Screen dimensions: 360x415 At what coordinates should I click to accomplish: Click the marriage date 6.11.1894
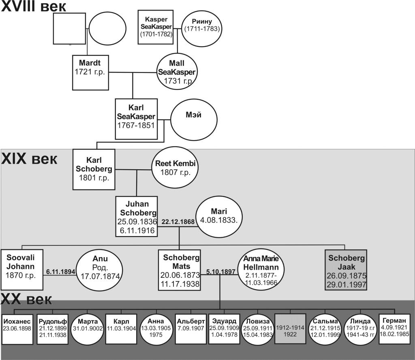point(60,272)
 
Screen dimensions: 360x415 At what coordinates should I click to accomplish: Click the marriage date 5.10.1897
point(220,272)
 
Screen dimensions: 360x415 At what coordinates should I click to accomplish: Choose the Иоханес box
point(17,328)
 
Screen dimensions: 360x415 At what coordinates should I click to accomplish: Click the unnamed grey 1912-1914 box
point(290,328)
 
